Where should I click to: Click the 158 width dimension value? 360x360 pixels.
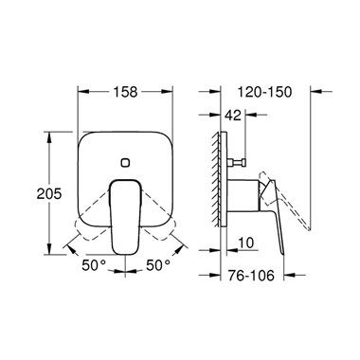point(125,92)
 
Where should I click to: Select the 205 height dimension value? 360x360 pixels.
point(49,193)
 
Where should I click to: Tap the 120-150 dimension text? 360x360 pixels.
point(264,92)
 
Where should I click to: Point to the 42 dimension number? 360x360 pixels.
point(233,115)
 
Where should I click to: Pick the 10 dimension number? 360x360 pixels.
point(245,243)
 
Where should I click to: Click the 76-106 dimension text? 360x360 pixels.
point(251,276)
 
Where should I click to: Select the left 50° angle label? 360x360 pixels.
point(94,264)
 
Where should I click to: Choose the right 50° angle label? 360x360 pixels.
point(158,264)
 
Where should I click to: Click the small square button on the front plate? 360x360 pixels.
point(125,163)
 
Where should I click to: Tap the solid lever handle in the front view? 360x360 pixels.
point(125,217)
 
